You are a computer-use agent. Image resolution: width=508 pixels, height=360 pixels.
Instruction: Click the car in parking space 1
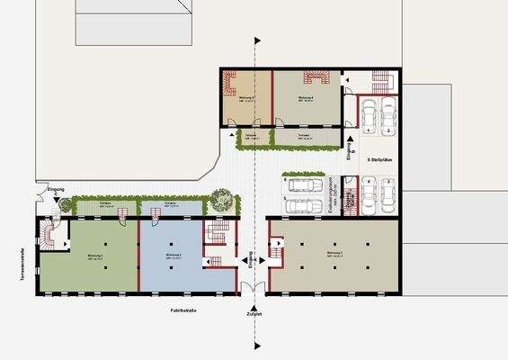click(x=369, y=112)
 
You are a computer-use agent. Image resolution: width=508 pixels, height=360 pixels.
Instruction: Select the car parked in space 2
click(x=388, y=112)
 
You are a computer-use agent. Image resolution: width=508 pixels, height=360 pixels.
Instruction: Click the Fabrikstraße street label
click(x=183, y=310)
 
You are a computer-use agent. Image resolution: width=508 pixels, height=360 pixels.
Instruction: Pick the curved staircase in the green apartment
click(x=50, y=238)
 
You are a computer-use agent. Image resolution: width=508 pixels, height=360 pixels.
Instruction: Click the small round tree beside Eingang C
click(x=65, y=204)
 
